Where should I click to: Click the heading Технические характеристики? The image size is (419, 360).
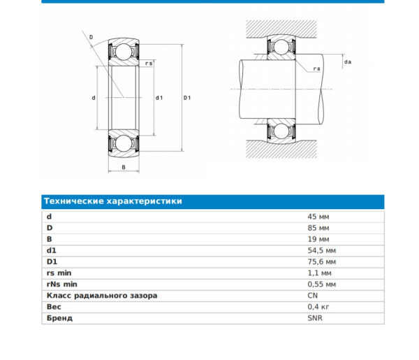click(x=113, y=201)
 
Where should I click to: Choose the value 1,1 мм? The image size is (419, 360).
click(x=320, y=273)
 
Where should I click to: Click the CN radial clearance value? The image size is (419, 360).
click(x=313, y=296)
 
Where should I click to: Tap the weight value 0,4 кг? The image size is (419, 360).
click(x=318, y=307)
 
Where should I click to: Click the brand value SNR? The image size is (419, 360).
click(x=315, y=318)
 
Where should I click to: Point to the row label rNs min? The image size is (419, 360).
click(x=62, y=285)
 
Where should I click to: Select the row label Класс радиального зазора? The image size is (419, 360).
click(x=102, y=296)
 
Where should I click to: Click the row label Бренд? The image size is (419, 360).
click(x=59, y=318)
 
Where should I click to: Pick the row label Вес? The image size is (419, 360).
click(x=54, y=307)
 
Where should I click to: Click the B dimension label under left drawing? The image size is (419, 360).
click(x=124, y=168)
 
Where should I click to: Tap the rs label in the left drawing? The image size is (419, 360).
click(x=148, y=64)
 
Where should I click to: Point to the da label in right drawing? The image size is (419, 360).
click(x=347, y=63)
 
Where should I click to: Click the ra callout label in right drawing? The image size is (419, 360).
click(x=316, y=69)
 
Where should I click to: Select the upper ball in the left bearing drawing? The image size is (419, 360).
click(x=124, y=52)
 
